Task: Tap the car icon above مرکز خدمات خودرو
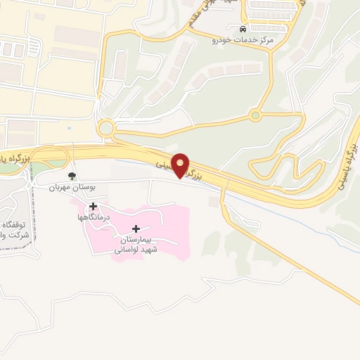(x=243, y=30)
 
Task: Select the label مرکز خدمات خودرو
(x=243, y=41)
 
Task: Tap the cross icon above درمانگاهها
(x=93, y=206)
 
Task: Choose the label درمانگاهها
(x=93, y=218)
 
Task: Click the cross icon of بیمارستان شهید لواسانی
(x=136, y=229)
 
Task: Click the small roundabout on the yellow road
(x=255, y=115)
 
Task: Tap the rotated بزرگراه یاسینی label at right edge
(x=351, y=162)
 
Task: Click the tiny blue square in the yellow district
(x=69, y=129)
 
